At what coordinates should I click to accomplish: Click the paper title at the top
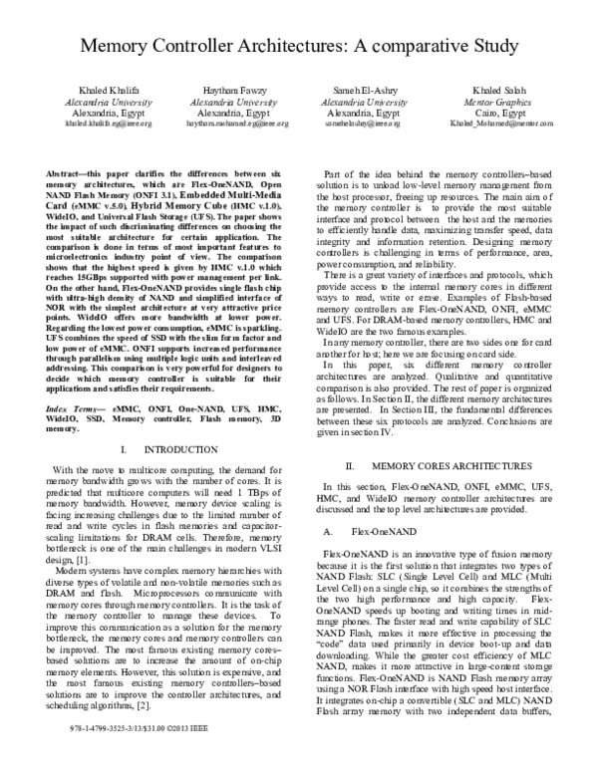click(x=299, y=47)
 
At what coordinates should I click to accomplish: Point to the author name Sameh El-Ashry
click(x=365, y=90)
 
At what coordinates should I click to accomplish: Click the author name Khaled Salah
click(x=488, y=90)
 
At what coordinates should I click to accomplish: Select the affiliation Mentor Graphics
click(x=488, y=102)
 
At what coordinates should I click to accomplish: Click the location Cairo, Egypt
click(x=488, y=114)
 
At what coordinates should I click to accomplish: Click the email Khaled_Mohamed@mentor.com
click(x=488, y=125)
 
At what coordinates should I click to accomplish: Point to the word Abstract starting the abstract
click(x=68, y=173)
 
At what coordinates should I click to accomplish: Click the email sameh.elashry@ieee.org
click(x=365, y=125)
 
